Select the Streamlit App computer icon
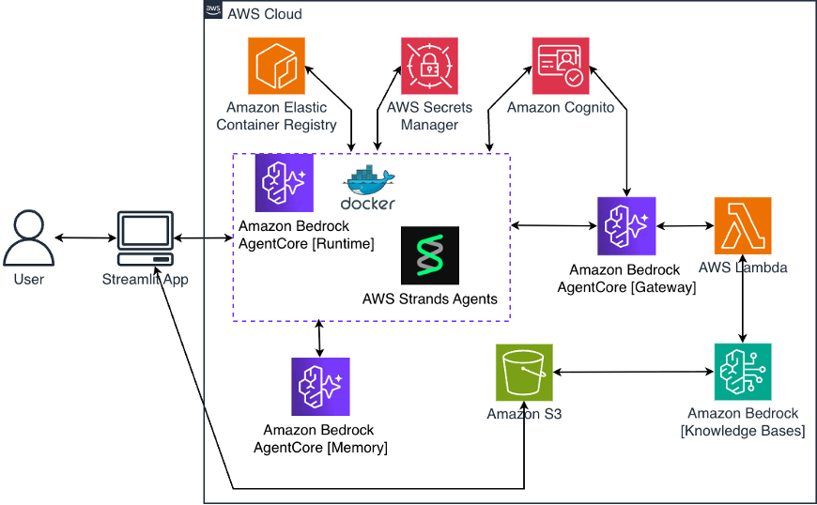[145, 238]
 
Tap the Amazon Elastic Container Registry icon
[276, 66]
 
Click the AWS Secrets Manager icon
[429, 66]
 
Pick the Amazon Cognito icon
[561, 66]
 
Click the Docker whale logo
[368, 188]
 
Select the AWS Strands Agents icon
[429, 255]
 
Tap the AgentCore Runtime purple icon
[284, 183]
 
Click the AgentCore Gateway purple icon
[626, 226]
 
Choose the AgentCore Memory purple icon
[320, 386]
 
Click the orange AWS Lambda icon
[743, 225]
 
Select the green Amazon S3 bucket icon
[524, 372]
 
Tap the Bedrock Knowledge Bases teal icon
[743, 372]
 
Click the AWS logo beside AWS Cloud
[213, 11]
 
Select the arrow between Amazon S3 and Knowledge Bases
[633, 373]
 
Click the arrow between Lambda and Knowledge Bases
[744, 298]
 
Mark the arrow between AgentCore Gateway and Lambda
[685, 226]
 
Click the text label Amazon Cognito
[561, 108]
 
